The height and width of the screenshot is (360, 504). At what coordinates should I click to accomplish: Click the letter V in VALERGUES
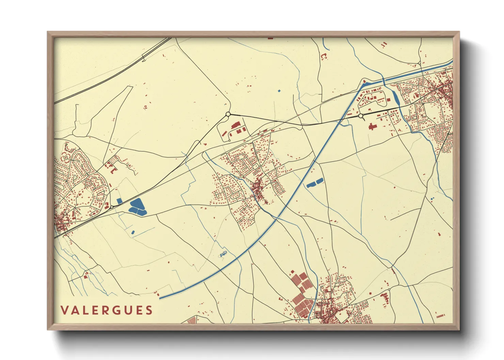64,310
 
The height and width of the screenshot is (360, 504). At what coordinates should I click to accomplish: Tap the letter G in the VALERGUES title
116,310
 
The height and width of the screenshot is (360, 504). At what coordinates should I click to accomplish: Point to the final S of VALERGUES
148,310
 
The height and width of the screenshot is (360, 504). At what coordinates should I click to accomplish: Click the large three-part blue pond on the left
138,207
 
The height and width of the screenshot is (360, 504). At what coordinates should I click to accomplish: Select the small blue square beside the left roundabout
119,201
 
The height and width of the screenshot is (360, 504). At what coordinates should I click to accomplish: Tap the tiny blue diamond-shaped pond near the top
279,91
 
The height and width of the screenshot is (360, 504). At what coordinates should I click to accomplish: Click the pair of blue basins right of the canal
315,183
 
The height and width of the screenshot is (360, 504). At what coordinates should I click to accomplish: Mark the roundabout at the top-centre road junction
228,114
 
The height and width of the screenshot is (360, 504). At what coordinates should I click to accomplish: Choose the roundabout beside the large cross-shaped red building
361,116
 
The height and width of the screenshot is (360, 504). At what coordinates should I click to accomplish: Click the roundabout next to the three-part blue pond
111,207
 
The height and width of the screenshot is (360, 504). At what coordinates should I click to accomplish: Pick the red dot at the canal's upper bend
364,81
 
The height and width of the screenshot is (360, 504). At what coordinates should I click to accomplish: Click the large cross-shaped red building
372,127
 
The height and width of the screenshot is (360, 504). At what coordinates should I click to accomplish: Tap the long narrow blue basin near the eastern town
396,97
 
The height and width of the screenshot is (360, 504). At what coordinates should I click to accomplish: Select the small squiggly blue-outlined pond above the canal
223,254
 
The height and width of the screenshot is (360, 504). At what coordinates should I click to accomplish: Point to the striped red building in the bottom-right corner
440,316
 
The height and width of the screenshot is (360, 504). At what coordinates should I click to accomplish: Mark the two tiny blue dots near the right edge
432,198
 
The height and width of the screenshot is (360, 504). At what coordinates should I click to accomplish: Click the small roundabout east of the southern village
389,290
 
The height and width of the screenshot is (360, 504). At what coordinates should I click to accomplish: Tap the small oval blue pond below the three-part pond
133,232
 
